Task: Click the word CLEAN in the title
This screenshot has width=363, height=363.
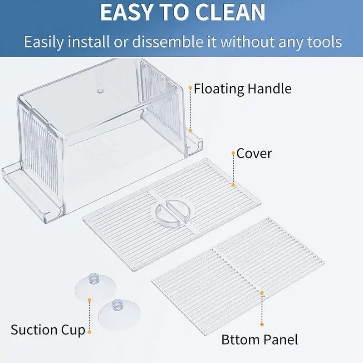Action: point(230,13)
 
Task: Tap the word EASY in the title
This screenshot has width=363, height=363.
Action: point(127,13)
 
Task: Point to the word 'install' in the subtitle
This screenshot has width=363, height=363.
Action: point(88,42)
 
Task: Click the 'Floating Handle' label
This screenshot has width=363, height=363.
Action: point(242,88)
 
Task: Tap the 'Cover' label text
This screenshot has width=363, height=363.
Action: point(254,153)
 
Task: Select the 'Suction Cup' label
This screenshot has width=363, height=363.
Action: point(48,330)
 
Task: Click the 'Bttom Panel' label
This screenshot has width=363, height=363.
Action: point(260,339)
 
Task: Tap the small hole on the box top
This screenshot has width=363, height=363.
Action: point(100,91)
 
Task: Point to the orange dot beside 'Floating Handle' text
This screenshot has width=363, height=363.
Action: point(190,88)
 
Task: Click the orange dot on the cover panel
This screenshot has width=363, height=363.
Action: point(233,185)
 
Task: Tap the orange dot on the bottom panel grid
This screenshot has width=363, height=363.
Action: point(262,293)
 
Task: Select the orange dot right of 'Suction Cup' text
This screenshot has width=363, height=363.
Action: point(89,332)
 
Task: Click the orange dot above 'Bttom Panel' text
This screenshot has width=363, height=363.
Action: point(262,324)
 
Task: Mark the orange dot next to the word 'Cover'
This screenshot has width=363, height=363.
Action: point(233,153)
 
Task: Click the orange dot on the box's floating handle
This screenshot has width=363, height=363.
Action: point(190,131)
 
